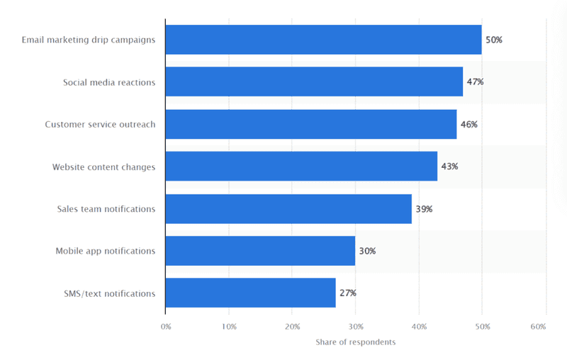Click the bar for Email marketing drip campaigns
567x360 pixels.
coord(323,40)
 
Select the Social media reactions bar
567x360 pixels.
coord(314,82)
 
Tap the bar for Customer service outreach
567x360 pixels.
coord(310,124)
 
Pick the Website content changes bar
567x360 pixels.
coord(301,167)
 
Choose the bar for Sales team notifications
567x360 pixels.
coord(288,208)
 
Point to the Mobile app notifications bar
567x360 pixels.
coord(260,251)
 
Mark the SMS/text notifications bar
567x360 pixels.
coord(250,293)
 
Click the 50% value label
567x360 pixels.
coord(493,40)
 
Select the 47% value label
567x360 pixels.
coord(474,82)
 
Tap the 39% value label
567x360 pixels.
coord(424,209)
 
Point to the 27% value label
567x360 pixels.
coord(347,293)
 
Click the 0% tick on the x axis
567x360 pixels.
coord(166,327)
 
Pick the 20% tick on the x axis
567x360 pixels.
coord(292,327)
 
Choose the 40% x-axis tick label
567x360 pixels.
coord(419,327)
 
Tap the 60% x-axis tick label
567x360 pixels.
coord(538,327)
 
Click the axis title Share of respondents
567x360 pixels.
coord(355,342)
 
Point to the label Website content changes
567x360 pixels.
coord(103,167)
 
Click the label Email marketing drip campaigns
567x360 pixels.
coord(89,40)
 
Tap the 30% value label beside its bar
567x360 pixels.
coord(366,251)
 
